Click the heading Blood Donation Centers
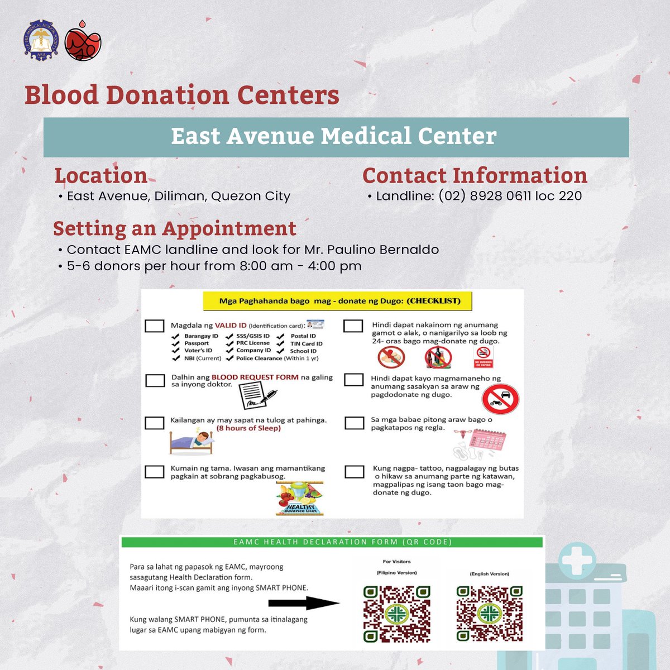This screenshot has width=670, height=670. [x=182, y=95]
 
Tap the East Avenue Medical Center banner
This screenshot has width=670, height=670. [x=336, y=137]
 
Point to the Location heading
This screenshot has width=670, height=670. [x=100, y=175]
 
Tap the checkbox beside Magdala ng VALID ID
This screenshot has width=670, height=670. [x=155, y=326]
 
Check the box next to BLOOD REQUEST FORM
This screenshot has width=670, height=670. [x=155, y=380]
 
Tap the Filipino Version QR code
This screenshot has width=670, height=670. [x=396, y=613]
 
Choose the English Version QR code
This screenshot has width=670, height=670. [x=489, y=613]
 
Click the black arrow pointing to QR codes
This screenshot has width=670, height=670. [x=303, y=603]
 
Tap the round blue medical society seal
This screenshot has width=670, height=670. [x=41, y=41]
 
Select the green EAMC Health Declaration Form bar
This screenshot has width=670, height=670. [x=332, y=542]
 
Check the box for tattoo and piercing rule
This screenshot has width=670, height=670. [x=355, y=472]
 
